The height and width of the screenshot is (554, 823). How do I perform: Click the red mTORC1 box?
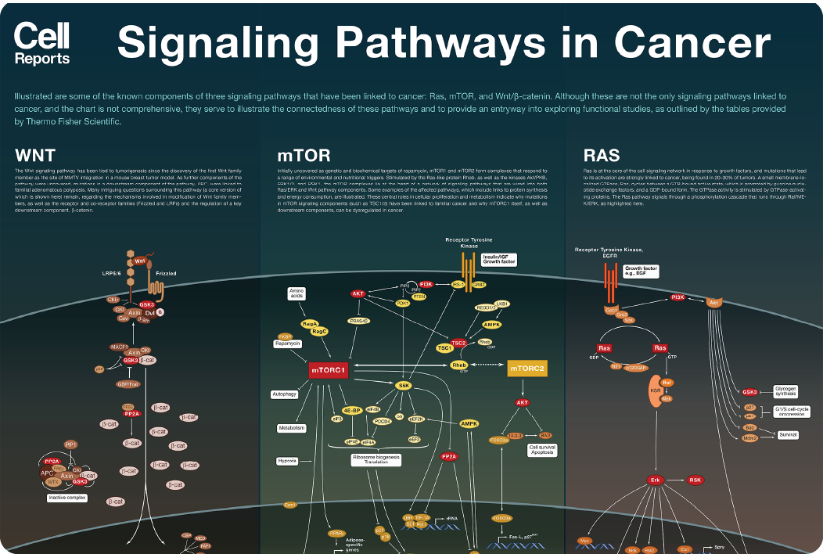pos(328,369)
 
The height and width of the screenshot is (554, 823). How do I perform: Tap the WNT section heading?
pos(35,154)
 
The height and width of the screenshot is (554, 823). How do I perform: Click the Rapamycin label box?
pos(286,344)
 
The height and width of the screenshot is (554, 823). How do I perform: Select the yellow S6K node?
pos(404,385)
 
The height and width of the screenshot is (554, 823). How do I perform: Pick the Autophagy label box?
pos(284,394)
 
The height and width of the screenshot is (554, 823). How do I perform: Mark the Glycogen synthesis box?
pos(786,390)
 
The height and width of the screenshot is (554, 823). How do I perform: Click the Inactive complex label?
pos(66,498)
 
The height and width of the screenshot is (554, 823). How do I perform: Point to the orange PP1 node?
pos(71,444)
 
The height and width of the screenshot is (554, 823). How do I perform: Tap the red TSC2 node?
pos(459,343)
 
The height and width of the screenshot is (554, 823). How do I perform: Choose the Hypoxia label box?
pos(286,461)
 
